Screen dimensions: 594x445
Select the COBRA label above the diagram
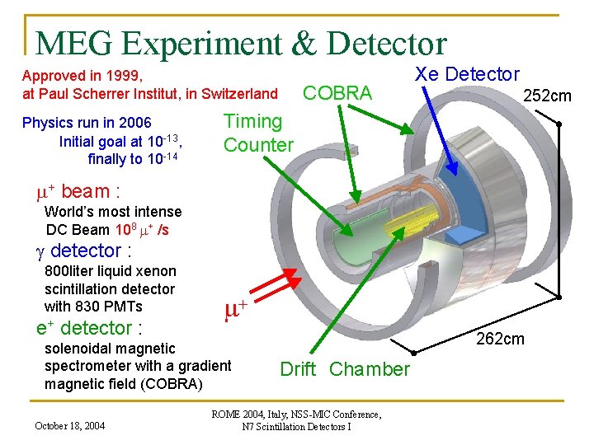point(338,93)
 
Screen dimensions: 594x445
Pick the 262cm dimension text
point(501,339)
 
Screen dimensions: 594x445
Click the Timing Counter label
point(257,133)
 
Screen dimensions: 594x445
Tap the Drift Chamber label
point(345,369)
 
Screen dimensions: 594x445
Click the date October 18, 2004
point(69,426)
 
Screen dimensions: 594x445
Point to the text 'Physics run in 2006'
point(87,124)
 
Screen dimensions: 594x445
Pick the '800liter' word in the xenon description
point(68,271)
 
